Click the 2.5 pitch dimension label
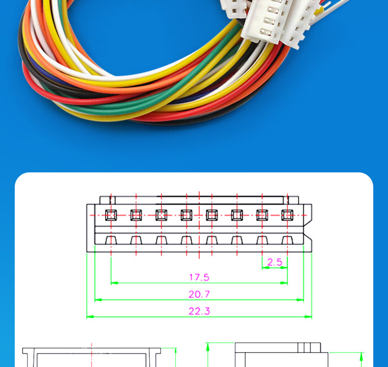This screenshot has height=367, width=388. point(275,262)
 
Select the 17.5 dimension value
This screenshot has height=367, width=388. point(199,277)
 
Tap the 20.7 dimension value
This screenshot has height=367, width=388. point(199,294)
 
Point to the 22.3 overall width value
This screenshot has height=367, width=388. point(199,311)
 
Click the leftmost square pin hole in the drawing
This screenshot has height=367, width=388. point(111,215)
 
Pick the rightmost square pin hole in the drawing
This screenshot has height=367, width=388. point(287,215)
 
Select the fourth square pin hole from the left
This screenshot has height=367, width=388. point(187,215)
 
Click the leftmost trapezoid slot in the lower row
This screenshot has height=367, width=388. point(111,240)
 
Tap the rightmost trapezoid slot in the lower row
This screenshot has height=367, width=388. point(287,240)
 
